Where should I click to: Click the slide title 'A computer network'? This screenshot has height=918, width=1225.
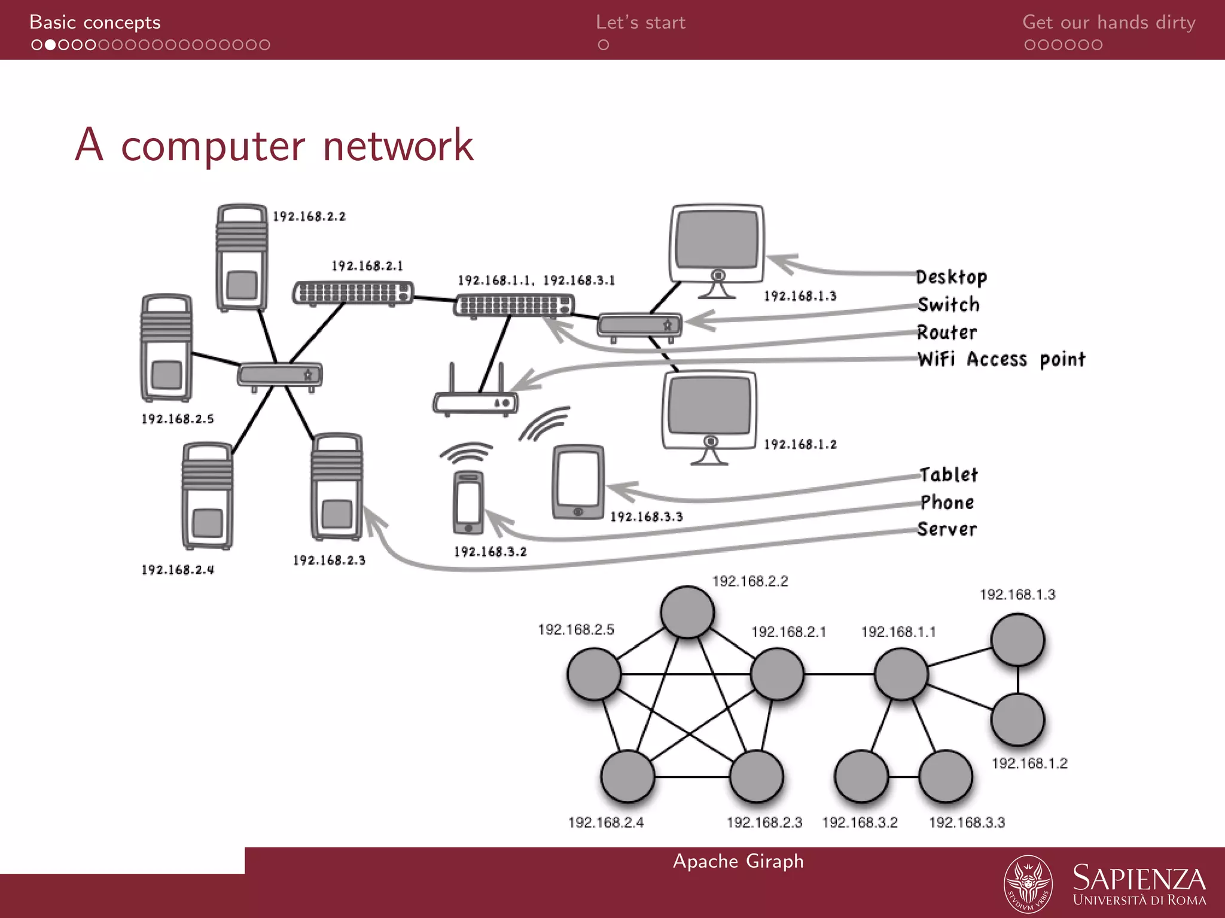coord(274,145)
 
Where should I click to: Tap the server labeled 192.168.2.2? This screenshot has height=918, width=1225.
coord(242,257)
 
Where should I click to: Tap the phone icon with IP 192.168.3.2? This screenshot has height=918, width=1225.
coord(468,502)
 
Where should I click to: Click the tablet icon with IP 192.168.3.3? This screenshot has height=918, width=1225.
coord(577,482)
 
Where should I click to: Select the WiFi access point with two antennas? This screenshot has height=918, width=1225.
coord(476,397)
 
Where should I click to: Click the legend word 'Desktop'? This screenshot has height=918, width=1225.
coord(951,277)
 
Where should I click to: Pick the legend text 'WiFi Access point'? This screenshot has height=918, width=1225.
coord(1001,359)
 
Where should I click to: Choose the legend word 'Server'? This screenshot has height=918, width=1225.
coord(947,530)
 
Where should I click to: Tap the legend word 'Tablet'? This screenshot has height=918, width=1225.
coord(949,475)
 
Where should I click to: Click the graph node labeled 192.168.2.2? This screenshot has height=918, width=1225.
coord(687,612)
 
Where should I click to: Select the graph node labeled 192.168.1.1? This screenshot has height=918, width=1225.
coord(901,674)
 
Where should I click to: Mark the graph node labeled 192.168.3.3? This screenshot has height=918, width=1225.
coord(946,777)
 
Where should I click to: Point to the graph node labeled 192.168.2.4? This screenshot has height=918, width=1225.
coord(627,777)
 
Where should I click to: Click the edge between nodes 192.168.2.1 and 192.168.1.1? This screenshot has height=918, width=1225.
coord(839,674)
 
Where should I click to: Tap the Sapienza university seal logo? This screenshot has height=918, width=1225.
coord(1028,883)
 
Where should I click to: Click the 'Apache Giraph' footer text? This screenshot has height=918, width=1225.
coord(738,861)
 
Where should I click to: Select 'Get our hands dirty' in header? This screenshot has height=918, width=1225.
coord(1108,23)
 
